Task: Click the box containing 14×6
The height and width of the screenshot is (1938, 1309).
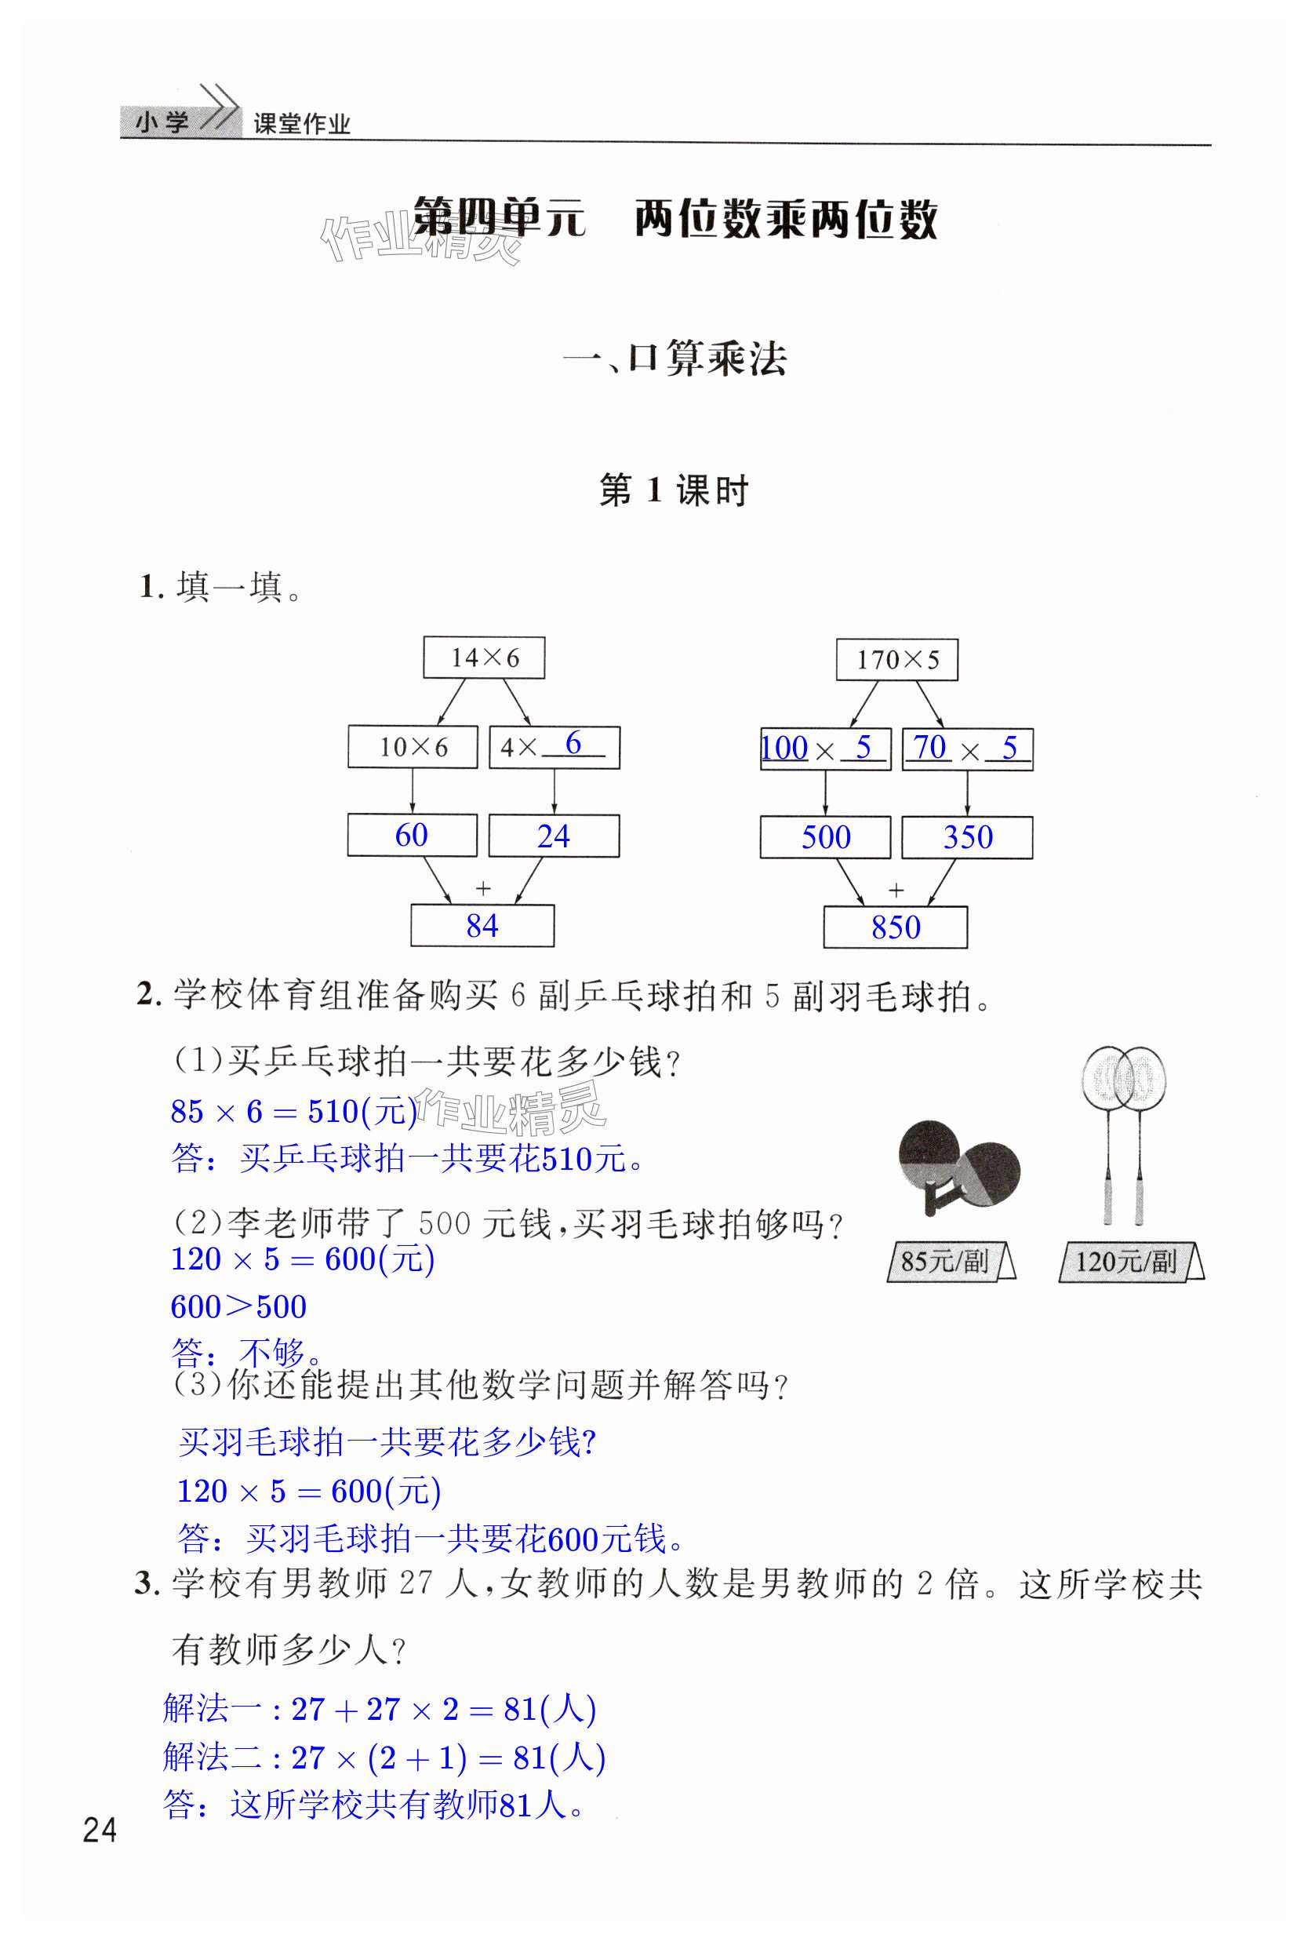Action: point(484,658)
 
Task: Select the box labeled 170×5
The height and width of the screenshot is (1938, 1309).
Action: point(896,661)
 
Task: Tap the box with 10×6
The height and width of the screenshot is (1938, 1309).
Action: point(413,746)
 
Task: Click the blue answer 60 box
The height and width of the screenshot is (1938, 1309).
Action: point(412,836)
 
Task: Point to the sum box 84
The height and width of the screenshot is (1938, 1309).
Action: point(482,926)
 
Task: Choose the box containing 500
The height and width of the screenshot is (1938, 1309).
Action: point(824,837)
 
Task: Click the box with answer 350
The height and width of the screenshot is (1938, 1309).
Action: point(967,837)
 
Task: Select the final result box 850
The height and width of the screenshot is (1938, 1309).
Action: point(896,927)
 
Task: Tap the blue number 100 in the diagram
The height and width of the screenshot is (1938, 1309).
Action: point(784,748)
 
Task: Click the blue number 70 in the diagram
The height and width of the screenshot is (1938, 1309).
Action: point(929,747)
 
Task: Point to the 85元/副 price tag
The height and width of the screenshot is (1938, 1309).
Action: point(950,1261)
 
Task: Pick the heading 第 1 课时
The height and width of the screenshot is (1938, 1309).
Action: point(674,490)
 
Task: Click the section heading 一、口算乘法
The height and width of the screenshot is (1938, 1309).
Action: point(674,359)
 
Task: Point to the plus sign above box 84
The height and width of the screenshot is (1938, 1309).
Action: point(483,888)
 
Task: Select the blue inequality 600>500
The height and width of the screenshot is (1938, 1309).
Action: point(238,1306)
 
